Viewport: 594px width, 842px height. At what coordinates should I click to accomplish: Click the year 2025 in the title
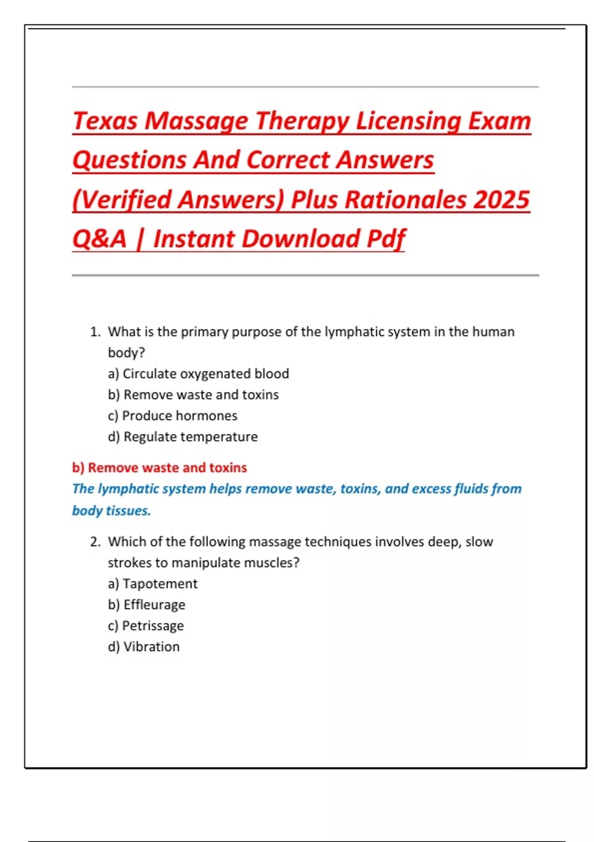501,200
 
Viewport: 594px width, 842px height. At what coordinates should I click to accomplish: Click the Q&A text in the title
99,239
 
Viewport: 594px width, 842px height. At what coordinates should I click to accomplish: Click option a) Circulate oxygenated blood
198,373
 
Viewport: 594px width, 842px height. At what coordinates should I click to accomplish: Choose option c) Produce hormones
172,416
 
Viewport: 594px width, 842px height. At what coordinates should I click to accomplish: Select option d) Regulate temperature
183,437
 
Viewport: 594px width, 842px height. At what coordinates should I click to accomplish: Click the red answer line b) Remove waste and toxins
159,468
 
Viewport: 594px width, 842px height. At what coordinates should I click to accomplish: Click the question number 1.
95,332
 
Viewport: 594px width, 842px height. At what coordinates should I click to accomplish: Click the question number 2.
95,542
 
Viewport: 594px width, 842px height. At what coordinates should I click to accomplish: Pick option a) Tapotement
152,584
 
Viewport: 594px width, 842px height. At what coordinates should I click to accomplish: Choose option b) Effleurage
147,605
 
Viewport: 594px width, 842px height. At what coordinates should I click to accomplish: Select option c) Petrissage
146,626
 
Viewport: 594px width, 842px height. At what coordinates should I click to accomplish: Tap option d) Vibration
144,647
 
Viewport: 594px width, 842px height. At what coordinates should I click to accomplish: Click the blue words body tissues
111,511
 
